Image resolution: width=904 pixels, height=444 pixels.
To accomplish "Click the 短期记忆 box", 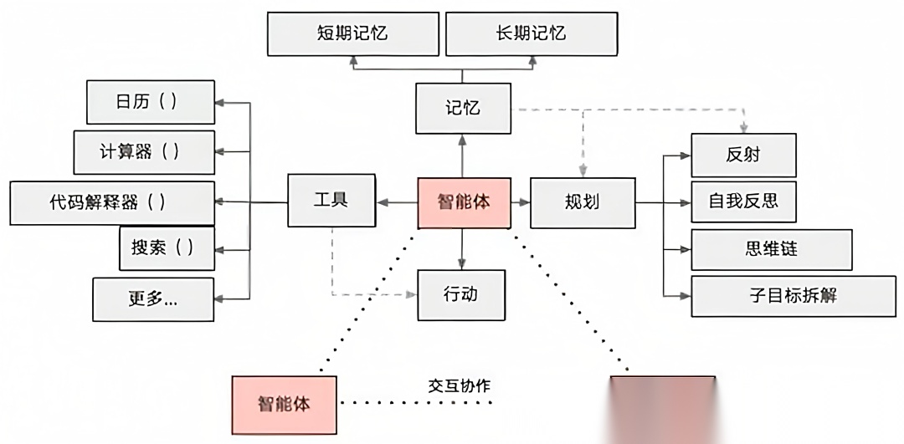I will pos(352,33).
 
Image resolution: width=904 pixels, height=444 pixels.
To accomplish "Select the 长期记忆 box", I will pos(532,33).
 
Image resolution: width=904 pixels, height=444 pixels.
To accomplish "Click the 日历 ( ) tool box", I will pos(151,102).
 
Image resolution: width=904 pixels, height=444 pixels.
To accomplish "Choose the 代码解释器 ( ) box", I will pos(112,202).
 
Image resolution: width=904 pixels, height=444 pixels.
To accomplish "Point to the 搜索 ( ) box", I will pos(167,248).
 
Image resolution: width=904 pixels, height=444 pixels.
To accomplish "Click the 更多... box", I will pos(153,299).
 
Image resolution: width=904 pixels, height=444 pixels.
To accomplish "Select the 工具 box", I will pos(331,201).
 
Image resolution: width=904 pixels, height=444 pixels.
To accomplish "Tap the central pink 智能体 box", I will pos(463,202).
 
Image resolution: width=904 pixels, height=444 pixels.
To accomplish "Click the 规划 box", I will pos(582,202).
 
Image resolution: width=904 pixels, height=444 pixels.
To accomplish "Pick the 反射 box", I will pos(743,155).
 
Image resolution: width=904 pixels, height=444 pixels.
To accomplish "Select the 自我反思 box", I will pos(743,202).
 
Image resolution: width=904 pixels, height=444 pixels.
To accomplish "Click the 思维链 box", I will pos(771,248).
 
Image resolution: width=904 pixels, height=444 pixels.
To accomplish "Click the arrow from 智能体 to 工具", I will pos(396,202).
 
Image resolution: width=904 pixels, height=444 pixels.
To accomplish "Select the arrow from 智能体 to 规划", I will pos(520,202).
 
